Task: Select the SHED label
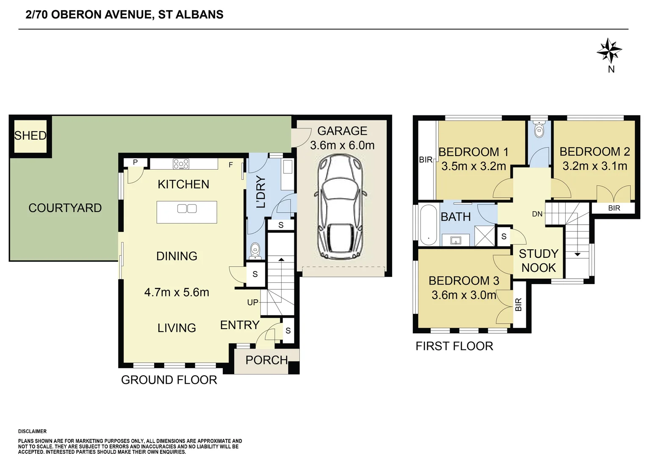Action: [30, 135]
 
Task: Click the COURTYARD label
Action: [65, 208]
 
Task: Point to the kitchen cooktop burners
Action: [181, 164]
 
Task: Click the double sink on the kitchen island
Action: [187, 209]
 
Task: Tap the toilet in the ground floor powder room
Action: [255, 251]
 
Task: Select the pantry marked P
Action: [135, 162]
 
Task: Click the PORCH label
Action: [267, 360]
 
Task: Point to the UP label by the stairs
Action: [253, 302]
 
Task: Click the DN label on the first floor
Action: [537, 214]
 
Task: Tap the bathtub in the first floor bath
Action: [429, 225]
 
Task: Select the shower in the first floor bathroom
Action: [485, 236]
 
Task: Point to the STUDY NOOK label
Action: [539, 261]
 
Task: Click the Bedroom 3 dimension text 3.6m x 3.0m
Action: [464, 295]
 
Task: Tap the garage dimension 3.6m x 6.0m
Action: [342, 145]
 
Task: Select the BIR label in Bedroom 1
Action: [426, 159]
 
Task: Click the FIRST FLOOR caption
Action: [454, 346]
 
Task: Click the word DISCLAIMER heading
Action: [32, 431]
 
